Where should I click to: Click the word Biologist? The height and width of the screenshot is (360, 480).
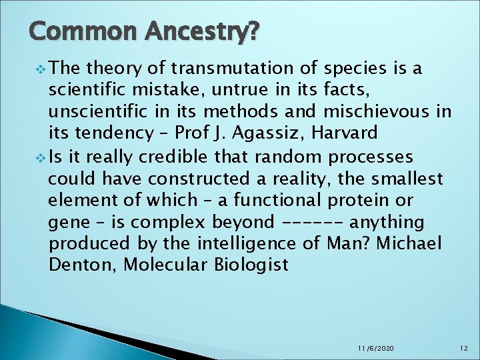251,265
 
